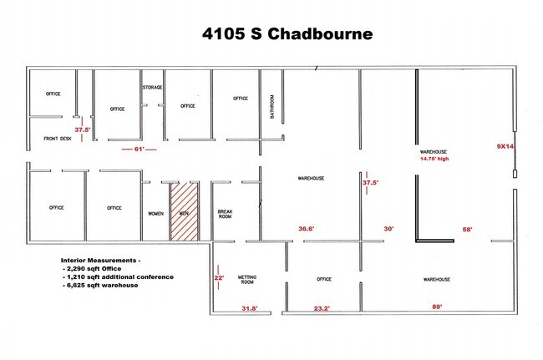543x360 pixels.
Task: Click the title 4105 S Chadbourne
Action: (x=287, y=34)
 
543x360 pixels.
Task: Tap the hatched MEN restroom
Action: (x=185, y=211)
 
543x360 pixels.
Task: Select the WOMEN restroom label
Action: (x=156, y=214)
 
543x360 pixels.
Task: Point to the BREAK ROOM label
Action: (x=225, y=214)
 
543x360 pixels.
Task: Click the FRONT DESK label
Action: (x=58, y=139)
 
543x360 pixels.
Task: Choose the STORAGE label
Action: (x=152, y=87)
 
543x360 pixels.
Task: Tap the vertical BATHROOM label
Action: (x=271, y=107)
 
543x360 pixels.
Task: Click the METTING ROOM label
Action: (x=247, y=279)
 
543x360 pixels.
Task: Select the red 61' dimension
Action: (x=140, y=150)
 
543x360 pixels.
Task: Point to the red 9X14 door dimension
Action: (x=505, y=146)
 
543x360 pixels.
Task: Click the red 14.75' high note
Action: (x=434, y=159)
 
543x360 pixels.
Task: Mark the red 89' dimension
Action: (x=437, y=307)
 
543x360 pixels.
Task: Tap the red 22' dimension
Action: (x=219, y=277)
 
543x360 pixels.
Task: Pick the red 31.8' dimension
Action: (x=250, y=308)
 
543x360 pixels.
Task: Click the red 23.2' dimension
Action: (x=322, y=308)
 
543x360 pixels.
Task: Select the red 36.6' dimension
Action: (x=307, y=229)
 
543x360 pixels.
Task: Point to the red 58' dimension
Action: (x=467, y=229)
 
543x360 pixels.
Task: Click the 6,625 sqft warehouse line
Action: (x=100, y=285)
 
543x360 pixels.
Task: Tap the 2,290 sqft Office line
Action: (x=92, y=269)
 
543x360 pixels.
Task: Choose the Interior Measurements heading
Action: (x=100, y=261)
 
